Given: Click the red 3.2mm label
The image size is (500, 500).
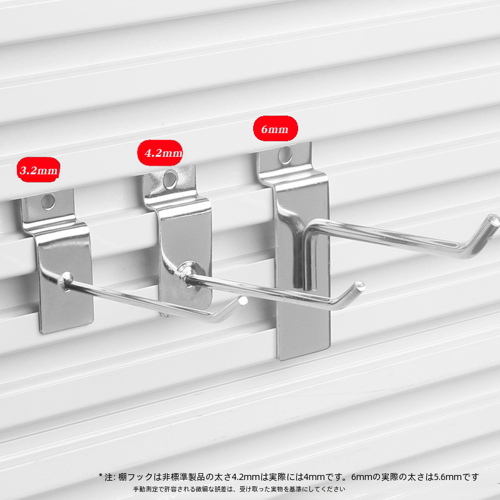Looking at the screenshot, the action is (x=39, y=169).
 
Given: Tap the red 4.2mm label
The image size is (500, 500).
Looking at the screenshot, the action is (x=160, y=152).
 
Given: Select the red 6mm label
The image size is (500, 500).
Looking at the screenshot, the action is (x=276, y=129).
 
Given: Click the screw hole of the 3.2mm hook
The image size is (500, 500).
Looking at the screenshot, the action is (x=48, y=202).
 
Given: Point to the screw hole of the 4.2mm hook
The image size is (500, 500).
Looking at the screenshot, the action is (x=170, y=179).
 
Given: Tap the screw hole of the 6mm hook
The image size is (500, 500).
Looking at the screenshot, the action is (x=285, y=155).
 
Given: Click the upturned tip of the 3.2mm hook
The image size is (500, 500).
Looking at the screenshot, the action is (x=242, y=300).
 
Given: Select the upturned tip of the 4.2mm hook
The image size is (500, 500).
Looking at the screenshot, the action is (x=360, y=285).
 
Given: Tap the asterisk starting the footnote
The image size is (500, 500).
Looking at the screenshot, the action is (x=101, y=476).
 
